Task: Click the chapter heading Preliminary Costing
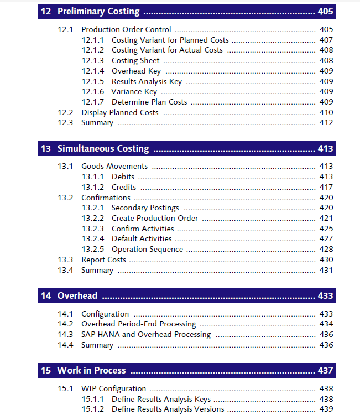[x=98, y=12]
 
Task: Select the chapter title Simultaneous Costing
[x=103, y=148]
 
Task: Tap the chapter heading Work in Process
[x=91, y=370]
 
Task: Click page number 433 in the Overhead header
[x=325, y=295]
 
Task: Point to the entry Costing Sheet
[x=135, y=60]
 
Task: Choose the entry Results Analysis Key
[x=147, y=81]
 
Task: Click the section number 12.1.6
[x=92, y=91]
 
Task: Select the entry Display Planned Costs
[x=119, y=112]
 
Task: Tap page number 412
[x=326, y=122]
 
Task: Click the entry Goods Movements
[x=114, y=166]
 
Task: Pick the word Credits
[x=124, y=187]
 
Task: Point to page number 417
[x=326, y=187]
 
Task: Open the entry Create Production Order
[x=154, y=218]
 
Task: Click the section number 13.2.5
[x=92, y=249]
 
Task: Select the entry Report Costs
[x=103, y=260]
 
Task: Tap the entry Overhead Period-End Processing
[x=138, y=324]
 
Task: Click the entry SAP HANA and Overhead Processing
[x=146, y=334]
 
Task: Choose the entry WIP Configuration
[x=113, y=388]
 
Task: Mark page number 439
[x=326, y=409]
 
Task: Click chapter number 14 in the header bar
[x=45, y=295]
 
